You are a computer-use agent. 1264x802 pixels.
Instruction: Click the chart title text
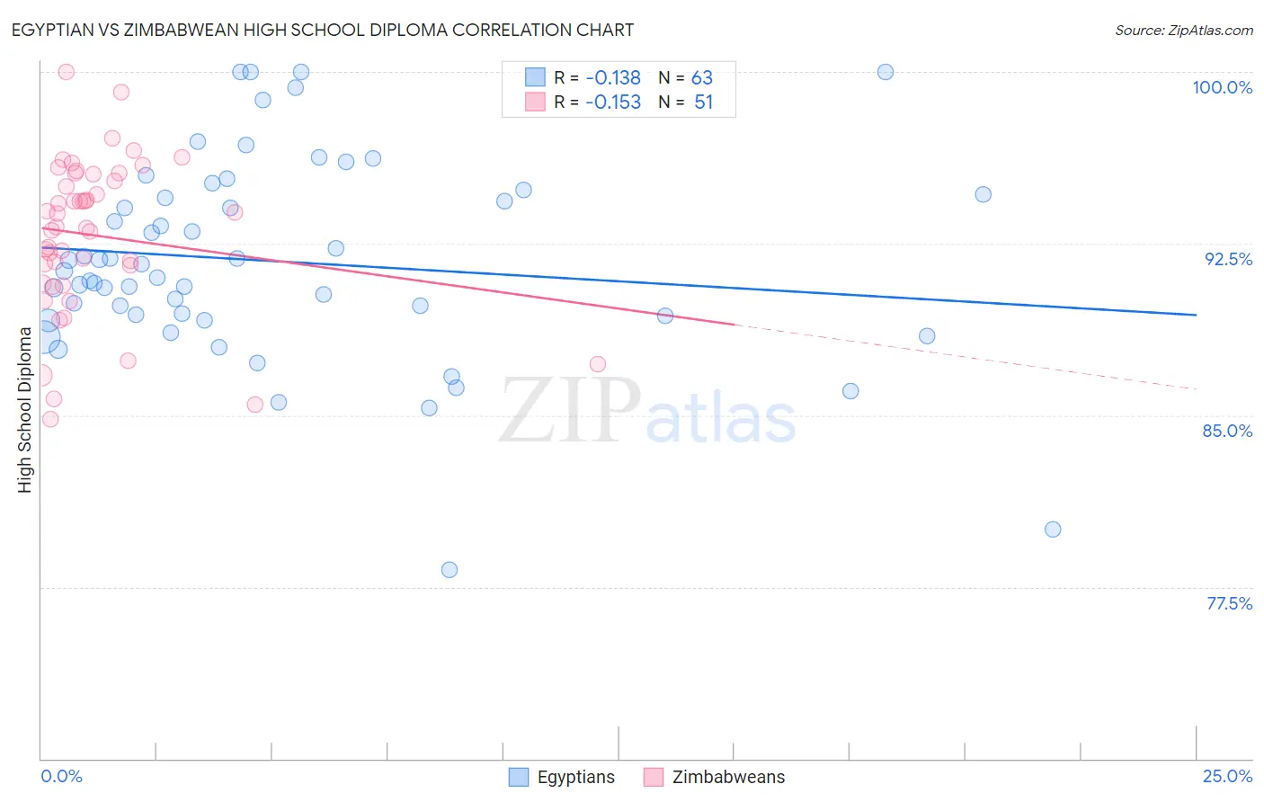pyautogui.click(x=323, y=31)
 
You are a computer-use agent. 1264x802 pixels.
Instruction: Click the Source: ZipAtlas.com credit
pyautogui.click(x=1183, y=31)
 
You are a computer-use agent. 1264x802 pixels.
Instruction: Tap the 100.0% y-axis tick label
pyautogui.click(x=1222, y=87)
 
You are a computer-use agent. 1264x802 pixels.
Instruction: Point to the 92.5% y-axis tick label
pyautogui.click(x=1228, y=259)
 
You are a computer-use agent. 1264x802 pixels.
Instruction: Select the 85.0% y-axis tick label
pyautogui.click(x=1227, y=431)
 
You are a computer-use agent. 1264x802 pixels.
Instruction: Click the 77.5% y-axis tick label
pyautogui.click(x=1229, y=603)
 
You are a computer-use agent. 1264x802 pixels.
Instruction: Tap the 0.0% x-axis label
pyautogui.click(x=61, y=776)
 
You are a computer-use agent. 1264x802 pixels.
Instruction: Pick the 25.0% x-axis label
pyautogui.click(x=1227, y=776)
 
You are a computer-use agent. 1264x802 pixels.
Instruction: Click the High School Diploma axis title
pyautogui.click(x=25, y=409)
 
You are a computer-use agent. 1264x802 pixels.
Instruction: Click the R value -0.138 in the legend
pyautogui.click(x=613, y=78)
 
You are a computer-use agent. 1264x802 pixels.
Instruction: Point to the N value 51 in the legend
pyautogui.click(x=703, y=102)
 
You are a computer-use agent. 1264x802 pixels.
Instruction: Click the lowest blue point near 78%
pyautogui.click(x=450, y=570)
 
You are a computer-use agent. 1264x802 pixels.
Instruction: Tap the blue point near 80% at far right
pyautogui.click(x=1053, y=530)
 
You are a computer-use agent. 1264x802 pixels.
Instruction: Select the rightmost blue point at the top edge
pyautogui.click(x=886, y=72)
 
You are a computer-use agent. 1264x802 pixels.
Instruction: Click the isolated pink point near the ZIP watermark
pyautogui.click(x=598, y=364)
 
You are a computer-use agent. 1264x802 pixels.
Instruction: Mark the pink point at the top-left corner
pyautogui.click(x=66, y=72)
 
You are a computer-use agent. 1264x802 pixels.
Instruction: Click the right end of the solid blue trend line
pyautogui.click(x=1196, y=315)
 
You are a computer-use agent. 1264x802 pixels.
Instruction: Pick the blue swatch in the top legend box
pyautogui.click(x=535, y=77)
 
